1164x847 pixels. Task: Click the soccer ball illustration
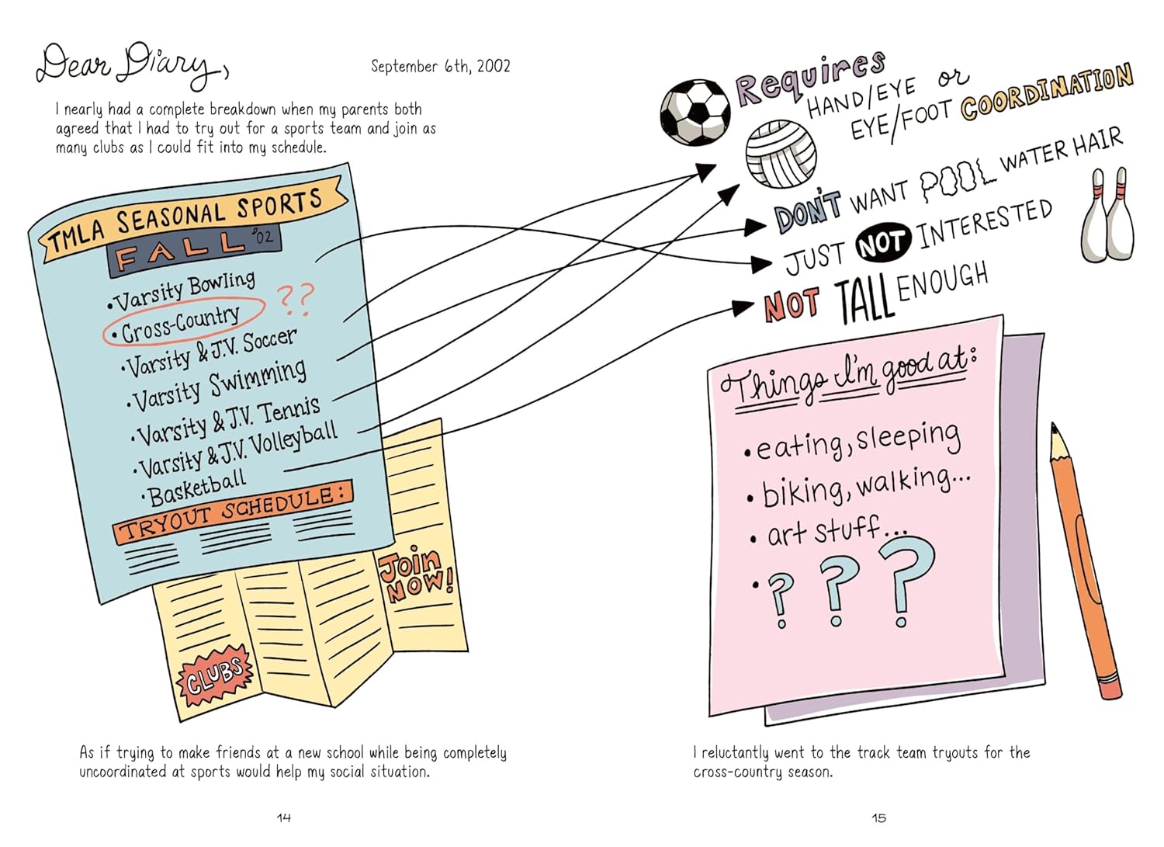[695, 112]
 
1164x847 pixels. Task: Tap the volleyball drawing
[781, 154]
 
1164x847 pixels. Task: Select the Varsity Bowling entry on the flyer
[182, 292]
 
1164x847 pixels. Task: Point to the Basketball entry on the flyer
[194, 488]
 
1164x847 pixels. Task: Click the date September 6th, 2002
[441, 66]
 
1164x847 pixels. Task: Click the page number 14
[284, 817]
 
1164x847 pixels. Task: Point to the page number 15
[878, 817]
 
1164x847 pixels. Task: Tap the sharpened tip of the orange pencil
[1053, 428]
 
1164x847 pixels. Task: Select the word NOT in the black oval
[883, 242]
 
